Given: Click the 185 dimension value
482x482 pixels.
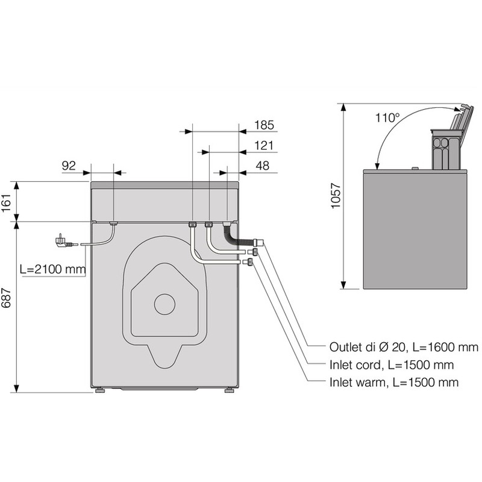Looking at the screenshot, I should coord(264,125).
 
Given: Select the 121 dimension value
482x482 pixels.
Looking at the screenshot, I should coord(264,146).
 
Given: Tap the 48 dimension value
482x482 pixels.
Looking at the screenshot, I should coord(263,166).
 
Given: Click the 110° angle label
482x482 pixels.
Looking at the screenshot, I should coord(387,118).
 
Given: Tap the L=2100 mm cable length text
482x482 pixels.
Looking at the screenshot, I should coord(52,269).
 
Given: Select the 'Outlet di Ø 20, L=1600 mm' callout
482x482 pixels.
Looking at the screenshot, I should coord(404,348).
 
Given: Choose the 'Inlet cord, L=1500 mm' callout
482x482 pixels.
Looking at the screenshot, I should coord(391,365).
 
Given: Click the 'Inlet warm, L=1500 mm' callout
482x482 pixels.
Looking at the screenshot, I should coord(393,383).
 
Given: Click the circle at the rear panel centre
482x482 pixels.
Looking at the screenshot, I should coord(164,304).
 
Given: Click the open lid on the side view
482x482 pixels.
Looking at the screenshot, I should coord(461,120).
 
